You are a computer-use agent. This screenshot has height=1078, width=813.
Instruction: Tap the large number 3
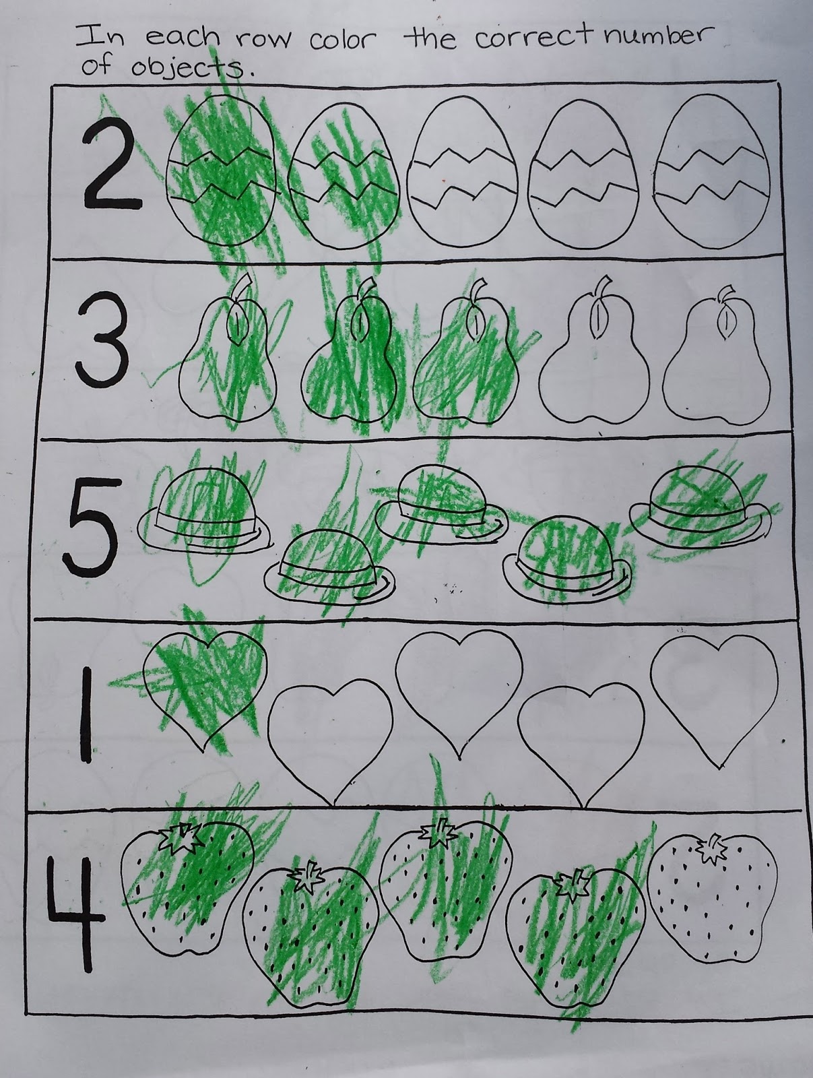[102, 342]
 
